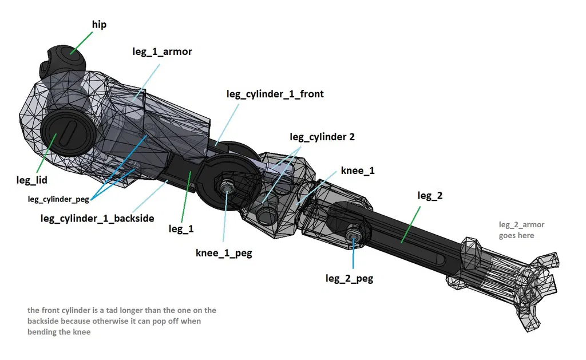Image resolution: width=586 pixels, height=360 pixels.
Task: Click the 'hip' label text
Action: point(99,25)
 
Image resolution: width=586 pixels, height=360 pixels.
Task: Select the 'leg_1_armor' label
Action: point(162,52)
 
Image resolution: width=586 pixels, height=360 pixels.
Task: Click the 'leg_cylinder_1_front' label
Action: point(275,94)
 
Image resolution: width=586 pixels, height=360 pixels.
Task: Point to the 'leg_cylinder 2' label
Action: point(322,137)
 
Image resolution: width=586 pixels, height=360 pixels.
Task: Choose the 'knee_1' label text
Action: point(359,171)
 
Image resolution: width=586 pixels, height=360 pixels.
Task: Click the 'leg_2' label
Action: point(430,196)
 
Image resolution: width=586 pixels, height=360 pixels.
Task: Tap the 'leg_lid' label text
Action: point(31,180)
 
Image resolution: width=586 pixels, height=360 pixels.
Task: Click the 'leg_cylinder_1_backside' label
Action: point(97,218)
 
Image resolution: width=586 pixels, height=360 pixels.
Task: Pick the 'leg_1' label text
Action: point(181,229)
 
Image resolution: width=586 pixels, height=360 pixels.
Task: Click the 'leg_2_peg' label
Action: point(349,278)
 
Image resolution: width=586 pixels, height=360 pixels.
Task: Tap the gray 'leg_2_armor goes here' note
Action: point(516,230)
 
